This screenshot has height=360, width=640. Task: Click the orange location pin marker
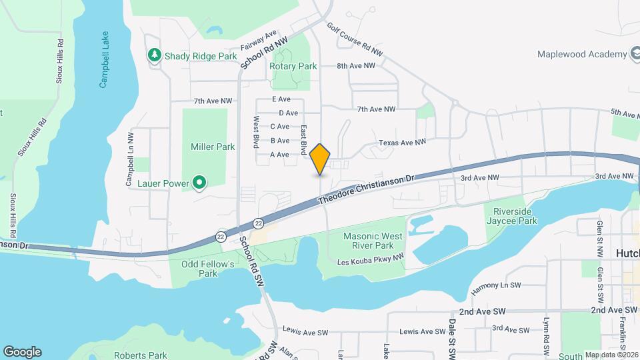(320, 159)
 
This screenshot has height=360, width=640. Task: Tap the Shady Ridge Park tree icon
(155, 56)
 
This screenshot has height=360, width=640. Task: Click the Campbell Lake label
(104, 60)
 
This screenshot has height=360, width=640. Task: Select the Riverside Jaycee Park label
(511, 215)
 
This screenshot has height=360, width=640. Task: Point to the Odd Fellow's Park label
(208, 269)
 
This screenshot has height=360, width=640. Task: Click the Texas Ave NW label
(402, 143)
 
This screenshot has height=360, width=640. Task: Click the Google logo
(22, 351)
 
